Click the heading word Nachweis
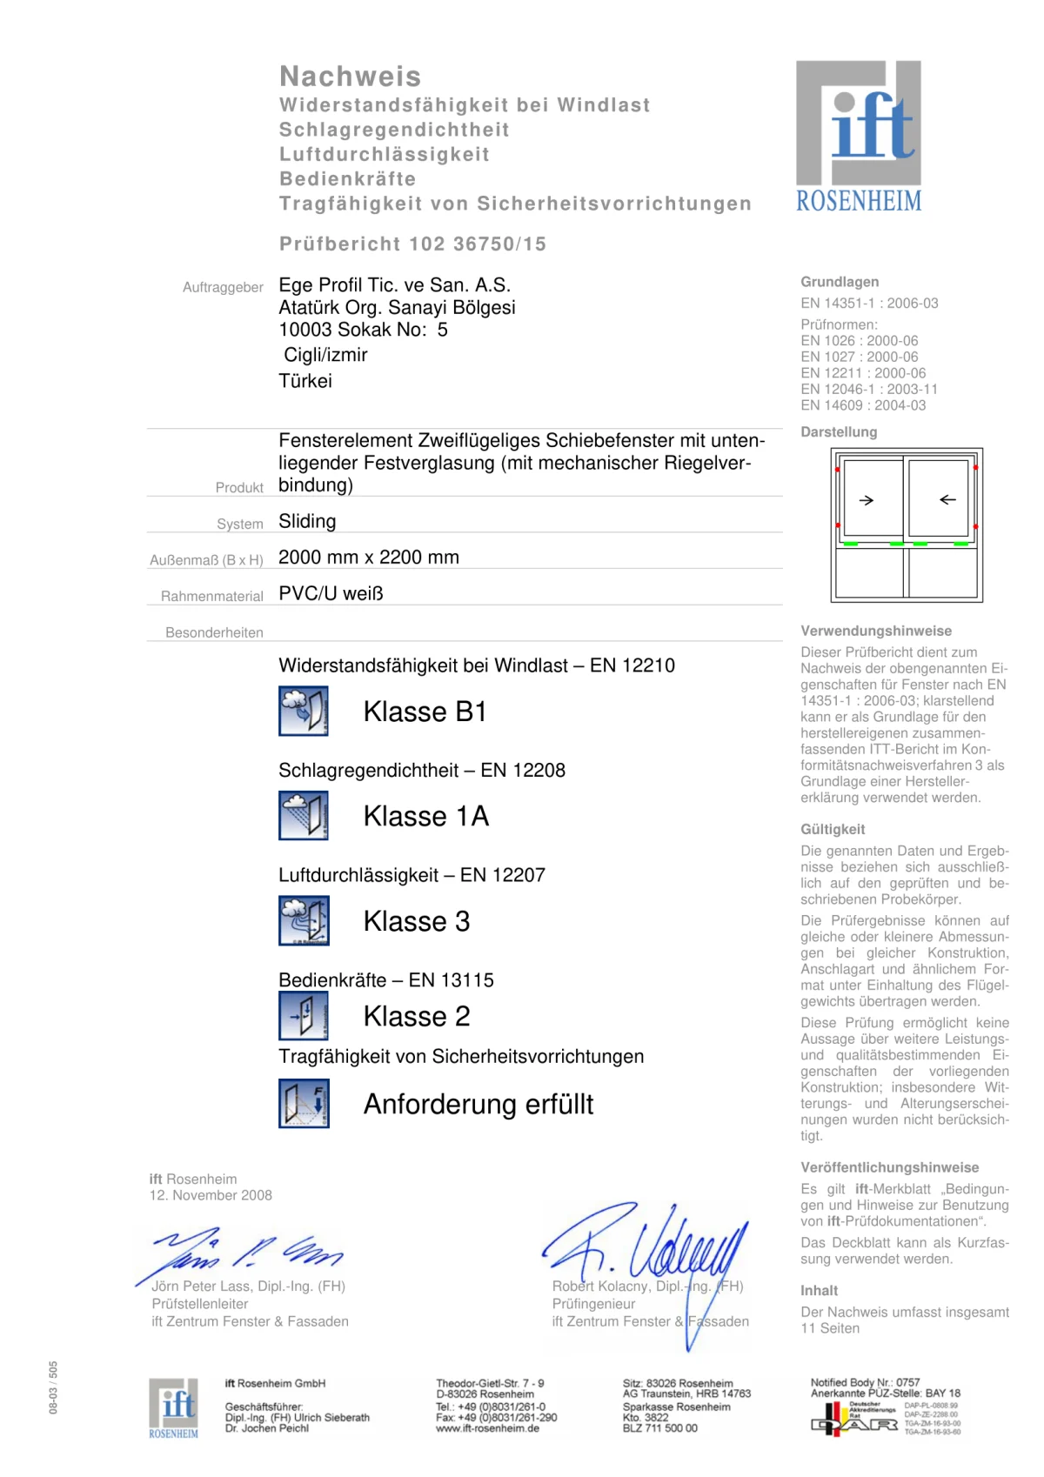click(x=350, y=77)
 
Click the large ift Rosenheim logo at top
click(x=859, y=137)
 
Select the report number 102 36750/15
click(x=478, y=244)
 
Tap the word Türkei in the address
click(x=305, y=381)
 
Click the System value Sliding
click(x=307, y=522)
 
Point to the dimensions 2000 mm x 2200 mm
click(x=369, y=558)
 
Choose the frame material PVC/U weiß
click(x=331, y=594)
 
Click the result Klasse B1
click(x=425, y=712)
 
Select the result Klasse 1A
click(x=426, y=817)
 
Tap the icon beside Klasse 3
click(x=304, y=920)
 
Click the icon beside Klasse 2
click(x=304, y=1016)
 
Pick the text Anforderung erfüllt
click(x=478, y=1105)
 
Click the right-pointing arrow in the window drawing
click(x=867, y=500)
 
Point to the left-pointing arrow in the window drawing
click(x=947, y=500)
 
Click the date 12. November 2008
click(x=211, y=1196)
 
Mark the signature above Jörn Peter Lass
click(x=244, y=1253)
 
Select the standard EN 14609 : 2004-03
click(x=863, y=405)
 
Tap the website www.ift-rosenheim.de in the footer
click(x=487, y=1428)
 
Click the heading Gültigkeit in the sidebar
click(x=833, y=830)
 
